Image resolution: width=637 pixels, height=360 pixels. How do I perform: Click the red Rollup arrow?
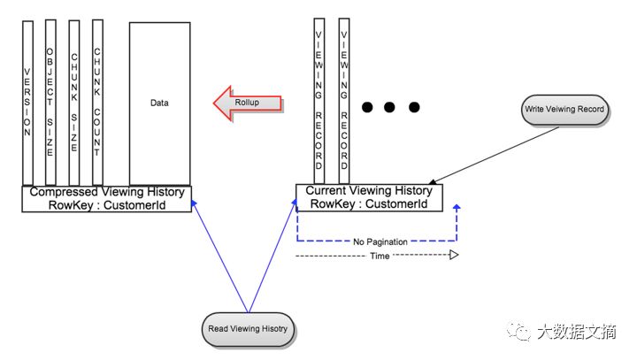248,103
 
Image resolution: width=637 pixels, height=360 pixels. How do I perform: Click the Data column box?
159,103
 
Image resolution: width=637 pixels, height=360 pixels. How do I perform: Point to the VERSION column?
27,103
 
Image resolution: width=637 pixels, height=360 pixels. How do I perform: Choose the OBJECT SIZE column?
50,103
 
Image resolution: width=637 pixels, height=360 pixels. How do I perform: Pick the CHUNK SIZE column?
74,103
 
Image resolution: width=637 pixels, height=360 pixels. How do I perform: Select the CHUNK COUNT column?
97,103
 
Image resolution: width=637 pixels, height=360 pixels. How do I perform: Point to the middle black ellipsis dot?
390,108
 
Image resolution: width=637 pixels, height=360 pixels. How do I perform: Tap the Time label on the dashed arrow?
379,256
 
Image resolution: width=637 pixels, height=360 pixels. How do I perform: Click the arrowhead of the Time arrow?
453,256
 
